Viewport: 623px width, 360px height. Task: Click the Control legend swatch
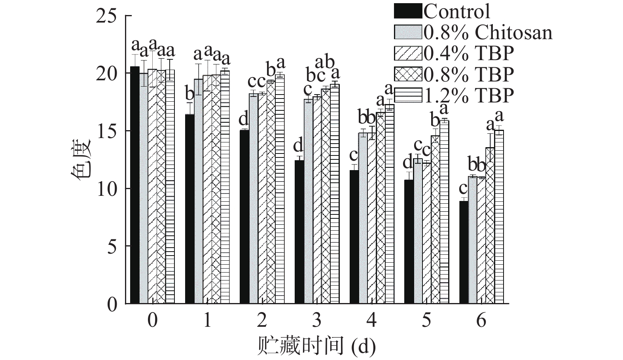point(408,11)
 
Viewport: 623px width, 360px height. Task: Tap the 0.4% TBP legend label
point(469,53)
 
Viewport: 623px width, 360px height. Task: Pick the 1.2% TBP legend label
point(469,95)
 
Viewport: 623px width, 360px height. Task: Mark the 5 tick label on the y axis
point(112,246)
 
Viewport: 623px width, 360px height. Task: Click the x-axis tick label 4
point(371,320)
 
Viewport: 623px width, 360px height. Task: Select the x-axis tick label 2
point(261,320)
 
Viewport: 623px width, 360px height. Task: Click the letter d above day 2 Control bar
point(244,119)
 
